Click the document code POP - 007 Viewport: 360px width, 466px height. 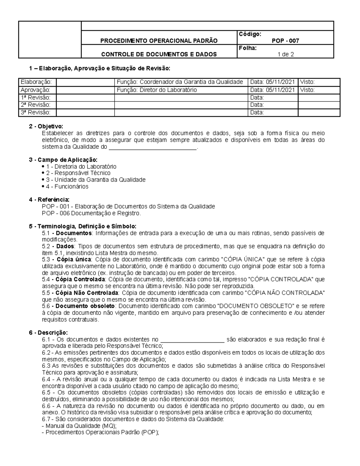click(285, 41)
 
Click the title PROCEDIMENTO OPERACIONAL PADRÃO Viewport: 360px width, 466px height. click(159, 41)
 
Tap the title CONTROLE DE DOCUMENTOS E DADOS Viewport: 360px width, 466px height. click(159, 55)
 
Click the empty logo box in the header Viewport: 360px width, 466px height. click(50, 40)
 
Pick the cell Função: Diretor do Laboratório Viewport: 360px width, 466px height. click(157, 90)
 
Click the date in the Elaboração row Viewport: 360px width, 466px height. click(272, 82)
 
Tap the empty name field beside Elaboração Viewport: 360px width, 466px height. click(85, 82)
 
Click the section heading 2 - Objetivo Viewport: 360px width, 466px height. click(46, 126)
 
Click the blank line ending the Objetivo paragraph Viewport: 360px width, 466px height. click(152, 147)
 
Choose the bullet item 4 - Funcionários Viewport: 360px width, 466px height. click(67, 187)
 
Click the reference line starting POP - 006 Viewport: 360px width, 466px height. click(91, 213)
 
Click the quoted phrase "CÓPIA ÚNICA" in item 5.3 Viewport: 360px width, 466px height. click(247, 260)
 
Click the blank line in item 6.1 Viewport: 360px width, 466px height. click(193, 340)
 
